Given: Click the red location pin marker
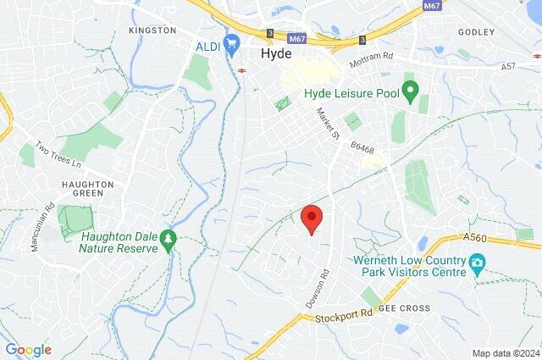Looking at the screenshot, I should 312,219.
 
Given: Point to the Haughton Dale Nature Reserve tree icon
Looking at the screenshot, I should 169,241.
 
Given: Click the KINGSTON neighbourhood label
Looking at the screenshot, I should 152,30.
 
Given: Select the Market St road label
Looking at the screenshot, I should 326,125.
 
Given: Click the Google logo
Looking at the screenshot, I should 28,349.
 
